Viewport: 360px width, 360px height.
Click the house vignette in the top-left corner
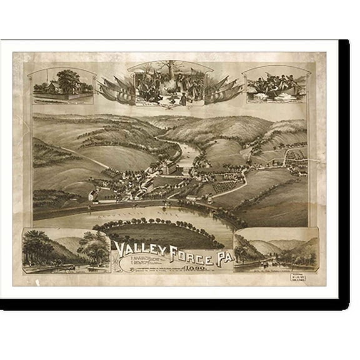tap(62, 86)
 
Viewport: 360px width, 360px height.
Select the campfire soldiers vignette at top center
tap(169, 82)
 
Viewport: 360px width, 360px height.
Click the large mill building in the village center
tap(169, 169)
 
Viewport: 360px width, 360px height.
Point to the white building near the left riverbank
tap(94, 196)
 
